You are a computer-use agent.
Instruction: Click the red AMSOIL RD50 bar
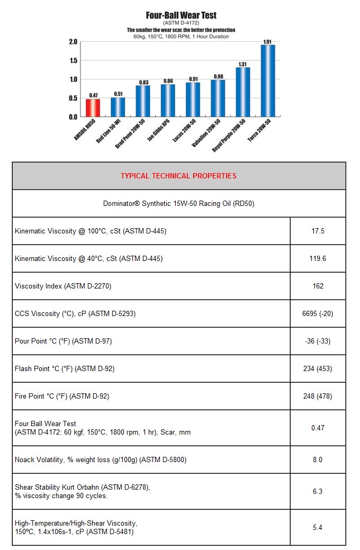click(93, 107)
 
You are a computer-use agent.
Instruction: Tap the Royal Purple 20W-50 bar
click(242, 92)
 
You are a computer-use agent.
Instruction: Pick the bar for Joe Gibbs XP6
click(168, 100)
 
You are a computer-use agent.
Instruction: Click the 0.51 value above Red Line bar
click(118, 94)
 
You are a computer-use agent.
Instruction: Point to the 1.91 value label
click(268, 41)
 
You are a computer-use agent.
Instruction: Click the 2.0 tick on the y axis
click(73, 42)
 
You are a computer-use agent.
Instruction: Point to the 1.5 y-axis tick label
click(73, 61)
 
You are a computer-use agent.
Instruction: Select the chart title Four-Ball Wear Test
click(181, 15)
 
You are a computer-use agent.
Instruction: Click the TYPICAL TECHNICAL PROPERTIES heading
click(178, 176)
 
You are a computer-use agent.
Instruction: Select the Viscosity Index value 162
click(318, 286)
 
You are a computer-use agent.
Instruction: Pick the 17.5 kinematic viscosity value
click(318, 231)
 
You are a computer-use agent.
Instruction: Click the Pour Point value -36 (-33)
click(318, 341)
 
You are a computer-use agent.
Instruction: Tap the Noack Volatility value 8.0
click(318, 459)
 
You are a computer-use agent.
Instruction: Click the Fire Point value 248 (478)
click(318, 396)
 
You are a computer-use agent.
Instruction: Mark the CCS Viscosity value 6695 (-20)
click(318, 313)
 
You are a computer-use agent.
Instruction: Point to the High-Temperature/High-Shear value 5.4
click(318, 527)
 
